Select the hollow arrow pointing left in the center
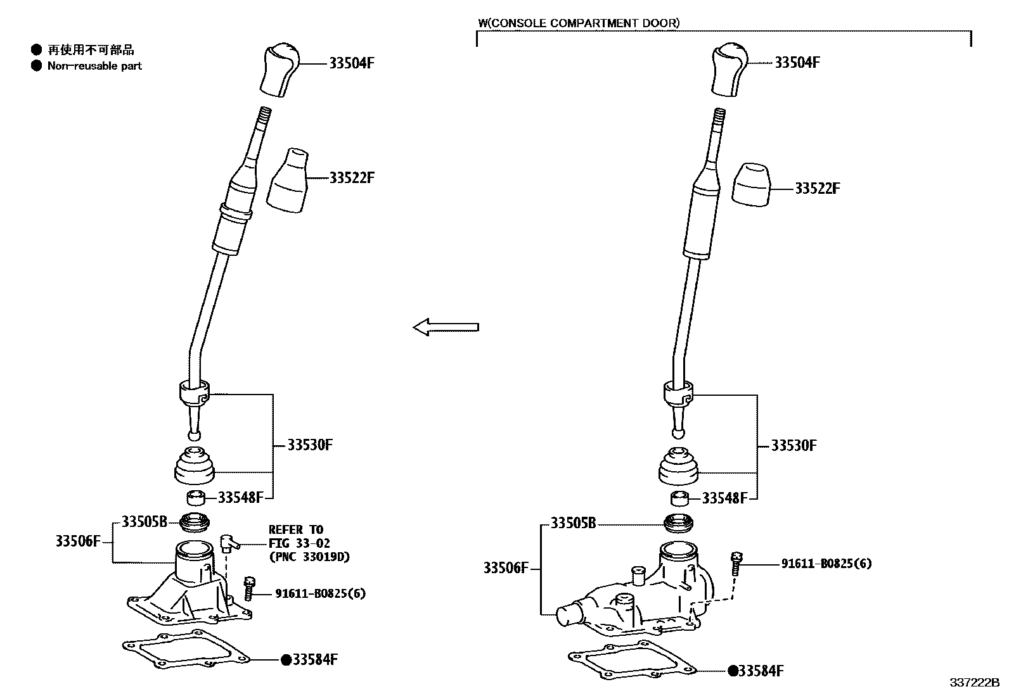click(x=446, y=327)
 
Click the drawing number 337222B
click(x=974, y=683)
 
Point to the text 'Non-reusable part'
click(x=94, y=66)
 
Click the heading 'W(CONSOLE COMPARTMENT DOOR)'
click(x=578, y=23)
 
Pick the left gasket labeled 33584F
click(x=188, y=652)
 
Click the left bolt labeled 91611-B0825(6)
click(x=249, y=588)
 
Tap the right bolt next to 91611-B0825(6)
click(x=736, y=562)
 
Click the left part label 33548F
click(x=240, y=498)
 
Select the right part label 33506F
click(x=506, y=568)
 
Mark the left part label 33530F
click(x=310, y=445)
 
